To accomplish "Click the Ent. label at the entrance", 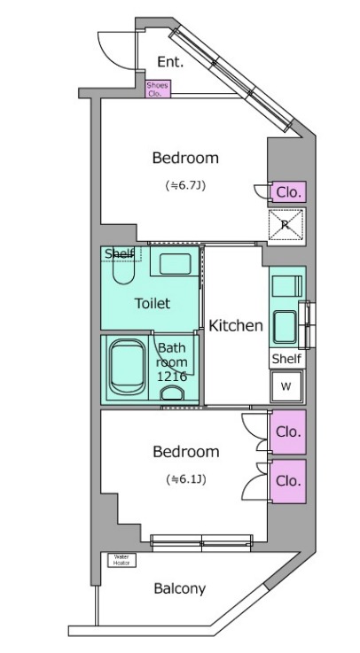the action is click(170, 62).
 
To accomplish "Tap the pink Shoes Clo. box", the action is click(158, 89).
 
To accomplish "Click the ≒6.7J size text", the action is click(185, 186).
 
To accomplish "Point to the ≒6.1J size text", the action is click(185, 479).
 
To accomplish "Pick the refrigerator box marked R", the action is click(286, 224).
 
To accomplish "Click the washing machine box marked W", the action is click(286, 386).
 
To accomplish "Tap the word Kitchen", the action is click(235, 325).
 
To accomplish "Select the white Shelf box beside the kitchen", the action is click(286, 359).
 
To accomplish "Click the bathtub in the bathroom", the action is click(127, 368).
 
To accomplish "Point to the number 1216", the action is click(172, 377).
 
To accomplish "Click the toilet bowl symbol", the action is click(124, 271).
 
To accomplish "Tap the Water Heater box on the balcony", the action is click(121, 560).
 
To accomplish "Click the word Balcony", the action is click(180, 589).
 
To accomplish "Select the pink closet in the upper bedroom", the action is click(288, 192).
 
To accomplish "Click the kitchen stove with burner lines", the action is click(286, 286).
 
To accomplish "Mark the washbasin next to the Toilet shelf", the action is click(175, 264).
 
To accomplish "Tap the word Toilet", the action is click(153, 303).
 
